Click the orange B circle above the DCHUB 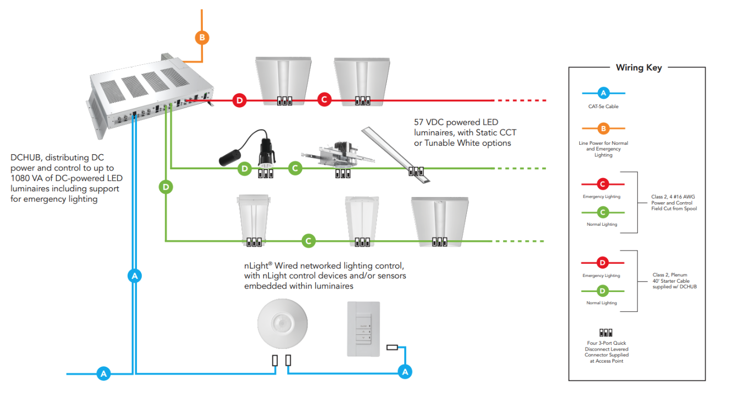(202, 38)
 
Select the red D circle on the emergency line (239, 100)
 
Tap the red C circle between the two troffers (324, 100)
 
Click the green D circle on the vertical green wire (166, 187)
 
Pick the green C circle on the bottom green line (309, 241)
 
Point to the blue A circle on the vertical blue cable (135, 275)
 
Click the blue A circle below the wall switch (404, 371)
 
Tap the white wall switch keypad (363, 329)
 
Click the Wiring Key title (638, 67)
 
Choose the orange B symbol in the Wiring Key (603, 128)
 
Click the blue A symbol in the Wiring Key (603, 94)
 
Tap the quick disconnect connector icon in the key (606, 332)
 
